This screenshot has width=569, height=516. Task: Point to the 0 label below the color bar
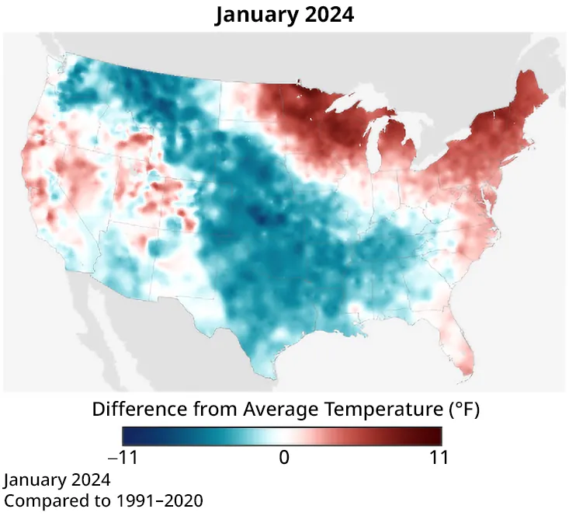coord(284,458)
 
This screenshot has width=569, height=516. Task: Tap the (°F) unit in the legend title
coord(461,409)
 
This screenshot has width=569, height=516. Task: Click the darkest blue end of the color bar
coord(128,436)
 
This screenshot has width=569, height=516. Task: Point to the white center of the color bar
coord(284,436)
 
